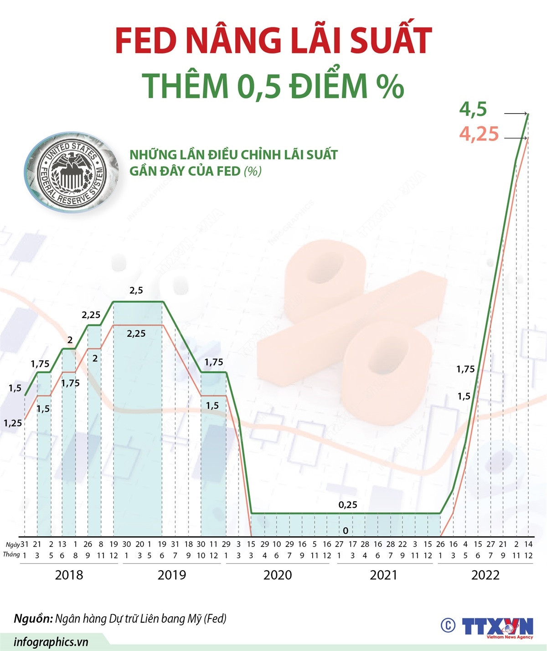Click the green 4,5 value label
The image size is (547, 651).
coord(473,109)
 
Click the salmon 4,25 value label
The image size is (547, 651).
coord(479,134)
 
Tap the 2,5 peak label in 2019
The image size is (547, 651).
coord(136,290)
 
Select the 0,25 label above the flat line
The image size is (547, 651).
coord(348,505)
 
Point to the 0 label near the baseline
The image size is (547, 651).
coord(346,531)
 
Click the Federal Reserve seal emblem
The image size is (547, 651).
coord(72,172)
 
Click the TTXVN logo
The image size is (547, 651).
coord(497,626)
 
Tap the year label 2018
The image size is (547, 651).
coord(69,575)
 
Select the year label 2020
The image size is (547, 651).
coord(278,575)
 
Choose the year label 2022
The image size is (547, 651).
coord(485,575)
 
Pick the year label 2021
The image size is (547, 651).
coord(383,575)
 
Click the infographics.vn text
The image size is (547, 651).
coord(51,642)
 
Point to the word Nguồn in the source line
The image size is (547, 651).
coord(32,619)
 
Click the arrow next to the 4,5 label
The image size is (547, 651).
coord(516,113)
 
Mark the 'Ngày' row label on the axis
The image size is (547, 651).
coord(12,544)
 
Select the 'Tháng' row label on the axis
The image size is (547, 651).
coord(11,555)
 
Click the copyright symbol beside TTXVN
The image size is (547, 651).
coord(448,625)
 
